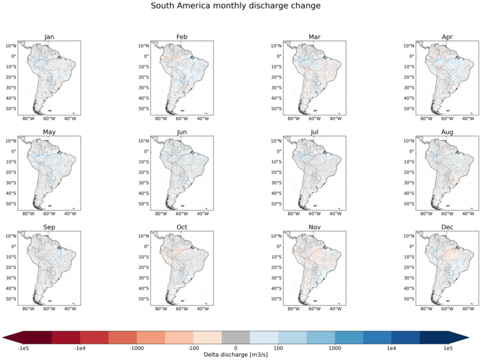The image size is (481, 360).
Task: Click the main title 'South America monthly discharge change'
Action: point(236,6)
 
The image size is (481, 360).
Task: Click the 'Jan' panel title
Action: point(49,37)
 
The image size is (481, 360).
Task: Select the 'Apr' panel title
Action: point(447,37)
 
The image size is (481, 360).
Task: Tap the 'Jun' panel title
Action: point(182,132)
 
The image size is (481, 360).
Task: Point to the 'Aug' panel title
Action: point(447,132)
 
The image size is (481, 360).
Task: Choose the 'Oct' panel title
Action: point(182,227)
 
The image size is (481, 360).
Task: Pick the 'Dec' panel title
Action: point(447,227)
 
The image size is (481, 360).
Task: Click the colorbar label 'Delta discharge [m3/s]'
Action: point(236,355)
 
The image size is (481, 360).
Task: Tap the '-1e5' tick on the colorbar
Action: point(23,349)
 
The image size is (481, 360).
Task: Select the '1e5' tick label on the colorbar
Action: point(447,349)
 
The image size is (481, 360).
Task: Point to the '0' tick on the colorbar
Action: point(236,349)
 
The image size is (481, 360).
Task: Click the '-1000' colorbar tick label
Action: point(136,349)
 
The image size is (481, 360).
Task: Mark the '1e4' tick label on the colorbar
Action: point(391,349)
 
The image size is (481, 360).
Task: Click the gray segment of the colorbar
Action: point(236,337)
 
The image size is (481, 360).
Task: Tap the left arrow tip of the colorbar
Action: point(2,338)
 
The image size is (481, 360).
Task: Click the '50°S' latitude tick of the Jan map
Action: point(11,109)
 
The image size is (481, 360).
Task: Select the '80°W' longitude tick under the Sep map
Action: point(28,309)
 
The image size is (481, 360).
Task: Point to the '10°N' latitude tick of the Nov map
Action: point(276,236)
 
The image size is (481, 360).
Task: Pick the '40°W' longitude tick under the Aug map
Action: point(468,214)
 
